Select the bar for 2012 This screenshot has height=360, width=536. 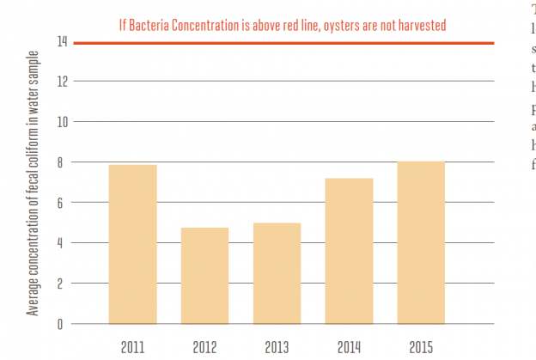[x=204, y=276]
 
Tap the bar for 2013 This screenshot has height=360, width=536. [x=277, y=273]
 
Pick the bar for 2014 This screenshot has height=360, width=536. [x=348, y=251]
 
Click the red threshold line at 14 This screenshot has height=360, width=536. [x=283, y=42]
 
